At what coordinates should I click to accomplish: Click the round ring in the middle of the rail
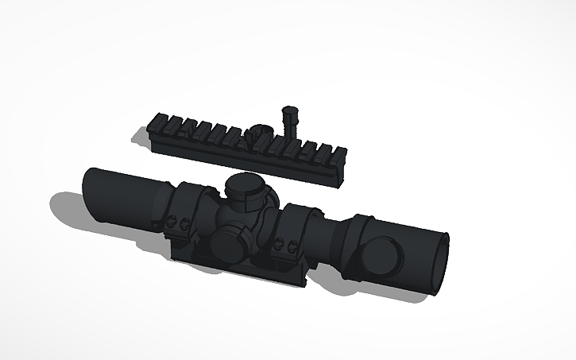(260, 135)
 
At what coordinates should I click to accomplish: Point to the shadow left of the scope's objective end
(68, 211)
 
